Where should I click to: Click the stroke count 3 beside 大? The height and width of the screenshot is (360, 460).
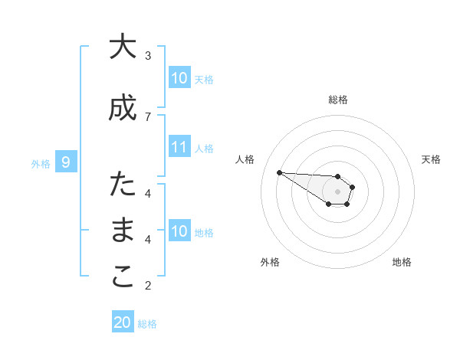coord(148,55)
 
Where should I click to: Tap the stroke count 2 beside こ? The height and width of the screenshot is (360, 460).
coord(148,286)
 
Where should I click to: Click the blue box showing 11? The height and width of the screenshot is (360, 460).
coord(179,146)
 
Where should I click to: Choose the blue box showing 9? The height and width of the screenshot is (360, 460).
coord(66,162)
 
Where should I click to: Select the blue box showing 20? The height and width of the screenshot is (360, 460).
coord(123,322)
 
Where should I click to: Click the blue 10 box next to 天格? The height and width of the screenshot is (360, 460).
coord(179,78)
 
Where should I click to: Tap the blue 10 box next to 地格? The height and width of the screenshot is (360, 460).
coord(179,231)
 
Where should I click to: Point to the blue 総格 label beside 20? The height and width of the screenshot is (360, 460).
coord(147,324)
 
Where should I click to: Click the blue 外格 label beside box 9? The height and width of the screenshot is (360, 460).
coord(41,163)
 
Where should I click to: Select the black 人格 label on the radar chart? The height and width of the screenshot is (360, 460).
coord(245,159)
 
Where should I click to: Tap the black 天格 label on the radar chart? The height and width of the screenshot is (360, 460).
coord(431,159)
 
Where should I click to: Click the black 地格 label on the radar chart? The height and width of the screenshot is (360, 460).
coord(402,262)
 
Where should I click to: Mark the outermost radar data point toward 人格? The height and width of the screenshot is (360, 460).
coord(279,172)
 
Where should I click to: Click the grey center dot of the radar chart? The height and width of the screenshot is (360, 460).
coord(337,191)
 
